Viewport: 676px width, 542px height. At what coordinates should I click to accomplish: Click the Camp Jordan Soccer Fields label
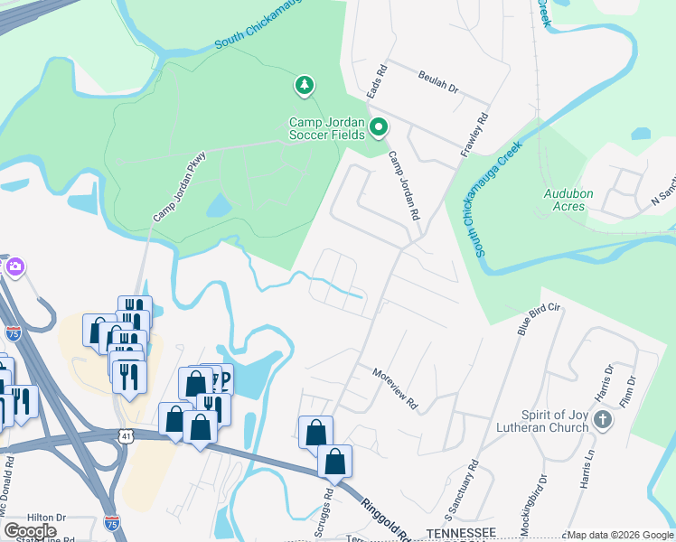pos(327,128)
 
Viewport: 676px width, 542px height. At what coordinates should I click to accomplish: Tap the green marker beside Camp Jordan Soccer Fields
pos(380,128)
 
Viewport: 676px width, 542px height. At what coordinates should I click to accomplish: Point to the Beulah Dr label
pos(439,83)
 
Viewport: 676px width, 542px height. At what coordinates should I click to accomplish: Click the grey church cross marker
pos(605,421)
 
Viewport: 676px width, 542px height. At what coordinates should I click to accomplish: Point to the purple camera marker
pos(15,267)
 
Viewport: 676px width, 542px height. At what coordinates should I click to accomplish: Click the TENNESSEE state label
pos(461,532)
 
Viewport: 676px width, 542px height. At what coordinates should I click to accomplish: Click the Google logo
pos(30,531)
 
